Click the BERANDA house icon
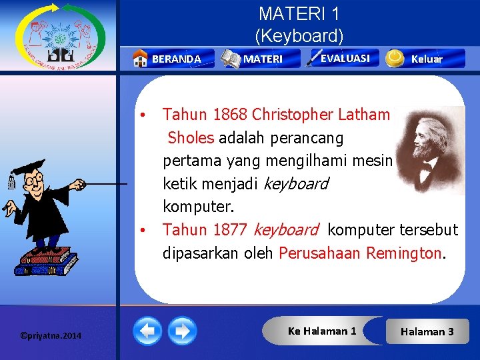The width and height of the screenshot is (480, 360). coord(140,59)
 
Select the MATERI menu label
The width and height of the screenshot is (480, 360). coord(263,59)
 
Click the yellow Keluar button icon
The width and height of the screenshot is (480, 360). coord(395,59)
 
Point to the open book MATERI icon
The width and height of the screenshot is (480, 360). coord(231,59)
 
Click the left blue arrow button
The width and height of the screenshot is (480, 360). coord(147,331)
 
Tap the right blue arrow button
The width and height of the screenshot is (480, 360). coord(182,331)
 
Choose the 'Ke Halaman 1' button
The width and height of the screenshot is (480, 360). coord(322,331)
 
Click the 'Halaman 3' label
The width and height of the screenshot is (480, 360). coord(427,331)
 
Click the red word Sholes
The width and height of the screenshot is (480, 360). coord(191,138)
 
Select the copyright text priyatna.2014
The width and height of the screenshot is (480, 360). coord(51,335)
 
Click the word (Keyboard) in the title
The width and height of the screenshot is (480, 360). coord(299,35)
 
